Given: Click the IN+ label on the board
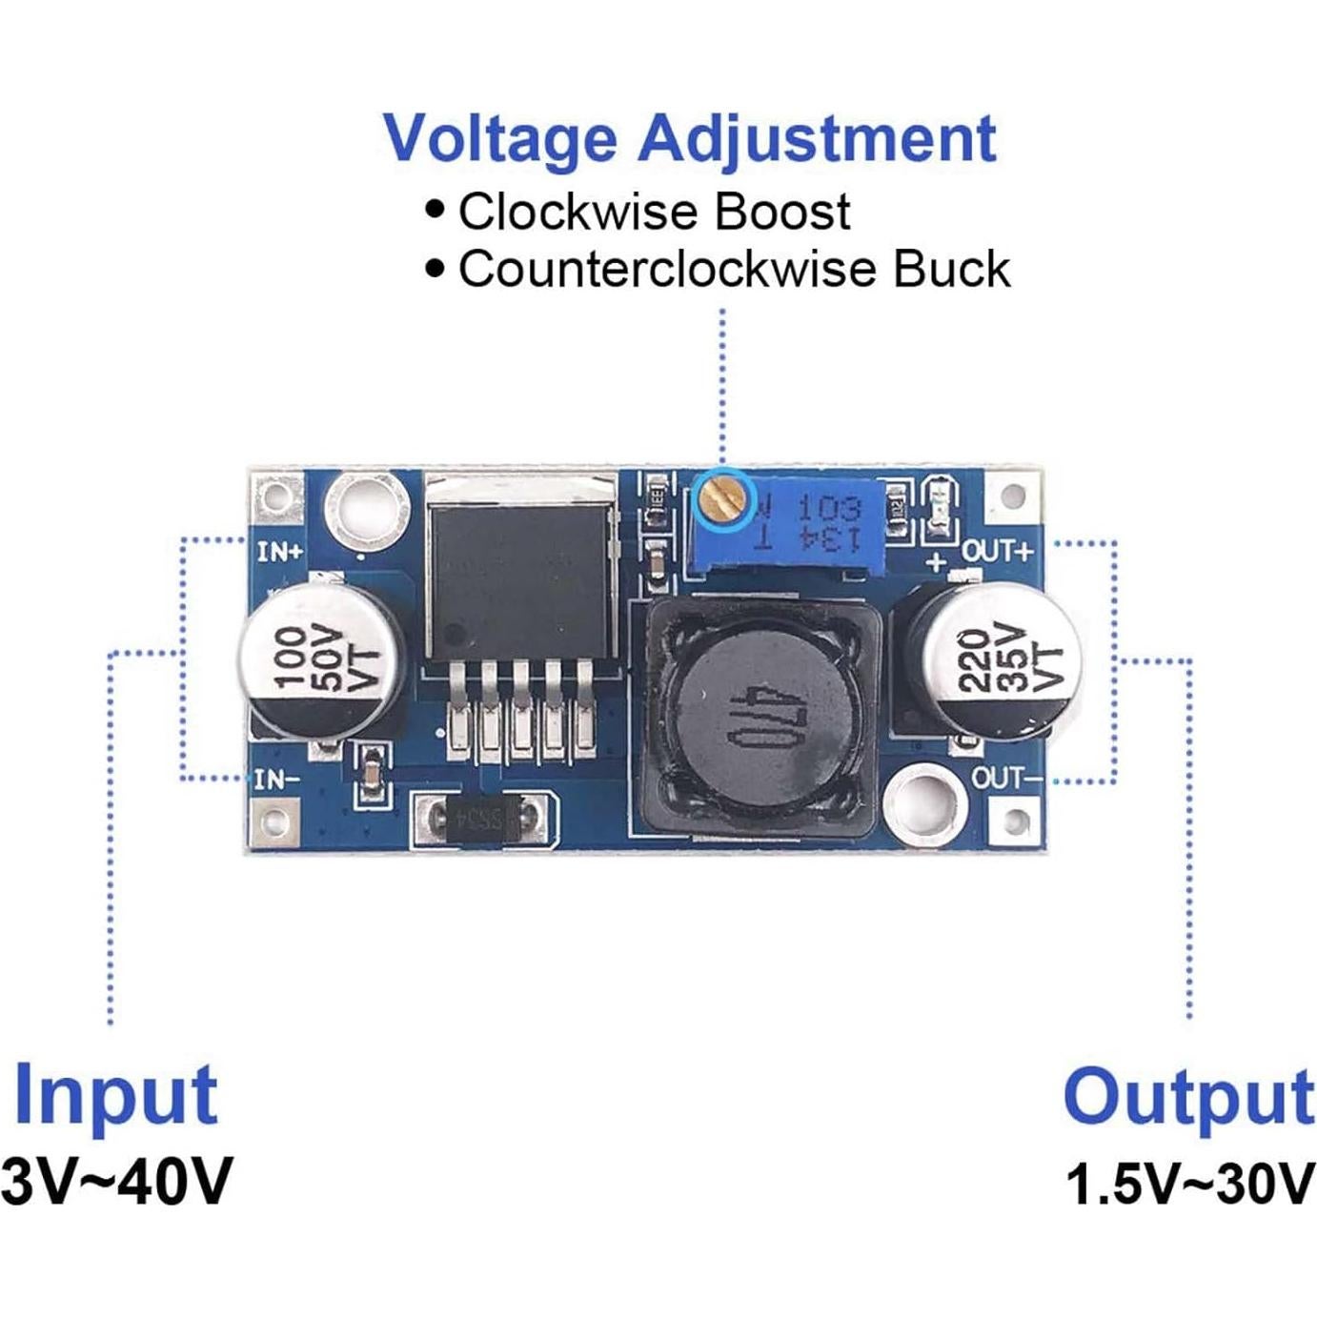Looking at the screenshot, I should pyautogui.click(x=280, y=551).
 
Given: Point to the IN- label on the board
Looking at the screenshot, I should pyautogui.click(x=277, y=780).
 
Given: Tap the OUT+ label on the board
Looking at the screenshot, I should pyautogui.click(x=997, y=551).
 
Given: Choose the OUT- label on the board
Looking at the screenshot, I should pyautogui.click(x=1006, y=778).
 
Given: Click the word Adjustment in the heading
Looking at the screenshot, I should pyautogui.click(x=817, y=139).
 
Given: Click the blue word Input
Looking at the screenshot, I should pyautogui.click(x=116, y=1095).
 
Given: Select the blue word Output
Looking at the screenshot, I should pyautogui.click(x=1188, y=1098).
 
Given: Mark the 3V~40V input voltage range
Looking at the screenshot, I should pyautogui.click(x=116, y=1182).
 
